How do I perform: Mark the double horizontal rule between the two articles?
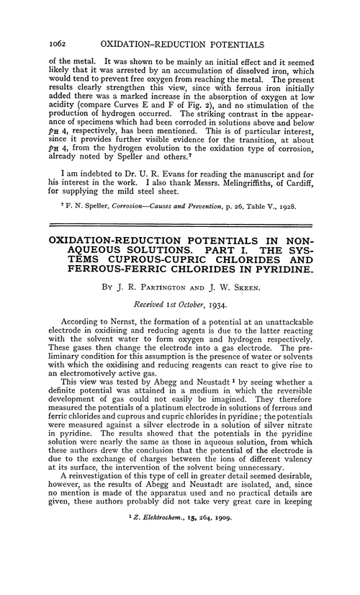pos(180,238)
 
